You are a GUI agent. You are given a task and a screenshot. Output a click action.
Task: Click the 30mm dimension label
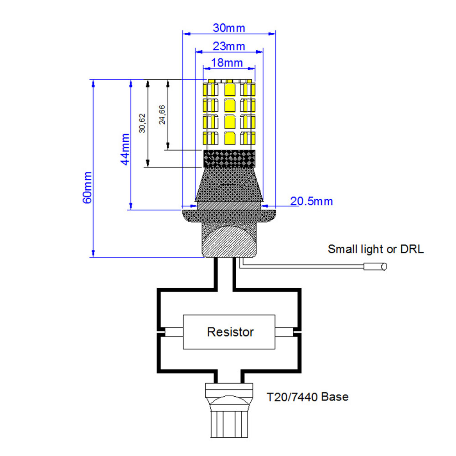click(x=229, y=28)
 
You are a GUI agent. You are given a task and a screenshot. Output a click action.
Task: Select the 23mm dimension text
click(x=229, y=46)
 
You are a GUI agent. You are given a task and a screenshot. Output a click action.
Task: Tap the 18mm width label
click(x=227, y=63)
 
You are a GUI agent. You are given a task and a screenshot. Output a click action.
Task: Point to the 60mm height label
click(x=88, y=187)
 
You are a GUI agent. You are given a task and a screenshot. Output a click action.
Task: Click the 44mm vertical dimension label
click(x=125, y=149)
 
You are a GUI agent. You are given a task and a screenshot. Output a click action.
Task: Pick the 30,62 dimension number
click(x=142, y=123)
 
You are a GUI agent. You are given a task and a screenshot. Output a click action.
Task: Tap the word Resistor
click(x=230, y=332)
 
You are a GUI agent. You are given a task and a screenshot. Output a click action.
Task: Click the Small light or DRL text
click(x=376, y=249)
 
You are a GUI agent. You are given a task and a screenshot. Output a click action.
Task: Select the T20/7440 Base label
click(x=308, y=397)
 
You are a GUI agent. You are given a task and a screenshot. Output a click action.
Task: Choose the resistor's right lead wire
click(x=285, y=331)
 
